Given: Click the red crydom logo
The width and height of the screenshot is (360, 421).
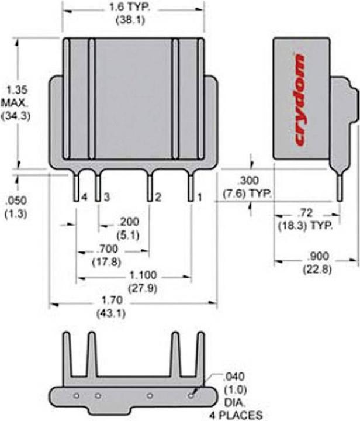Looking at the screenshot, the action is (301, 100).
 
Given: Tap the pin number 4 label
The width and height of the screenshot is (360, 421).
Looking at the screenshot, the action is (85, 198).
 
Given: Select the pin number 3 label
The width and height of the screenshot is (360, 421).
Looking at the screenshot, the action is (107, 198).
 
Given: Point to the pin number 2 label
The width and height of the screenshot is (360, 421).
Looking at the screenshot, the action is (158, 198).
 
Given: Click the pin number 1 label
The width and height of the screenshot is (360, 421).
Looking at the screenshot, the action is (199, 198).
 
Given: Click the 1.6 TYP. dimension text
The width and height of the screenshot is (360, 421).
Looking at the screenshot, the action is (129, 6).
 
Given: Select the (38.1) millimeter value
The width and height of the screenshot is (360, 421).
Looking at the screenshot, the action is (130, 20).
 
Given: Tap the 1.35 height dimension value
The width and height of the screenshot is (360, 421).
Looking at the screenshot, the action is (17, 89).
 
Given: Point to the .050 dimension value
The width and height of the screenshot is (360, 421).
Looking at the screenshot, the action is (16, 201).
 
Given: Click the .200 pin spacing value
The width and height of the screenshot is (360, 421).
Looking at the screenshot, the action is (129, 222).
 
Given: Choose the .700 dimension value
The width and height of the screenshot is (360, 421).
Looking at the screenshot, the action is (107, 249).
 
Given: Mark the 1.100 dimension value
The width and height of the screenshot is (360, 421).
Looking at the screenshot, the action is (143, 275).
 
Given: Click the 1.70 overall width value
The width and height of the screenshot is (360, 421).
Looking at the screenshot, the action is (112, 300).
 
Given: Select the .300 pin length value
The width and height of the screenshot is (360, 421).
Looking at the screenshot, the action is (248, 181).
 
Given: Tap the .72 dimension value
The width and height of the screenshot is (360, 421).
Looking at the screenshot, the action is (306, 213).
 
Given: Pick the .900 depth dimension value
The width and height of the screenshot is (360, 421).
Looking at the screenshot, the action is (318, 256).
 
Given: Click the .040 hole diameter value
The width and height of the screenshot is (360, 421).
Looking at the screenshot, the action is (234, 377).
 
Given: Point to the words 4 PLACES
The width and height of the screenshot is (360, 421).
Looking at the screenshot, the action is (236, 415).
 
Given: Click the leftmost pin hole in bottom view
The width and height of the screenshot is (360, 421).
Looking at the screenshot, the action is (77, 395).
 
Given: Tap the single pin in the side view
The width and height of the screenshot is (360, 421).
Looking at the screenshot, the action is (340, 188).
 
